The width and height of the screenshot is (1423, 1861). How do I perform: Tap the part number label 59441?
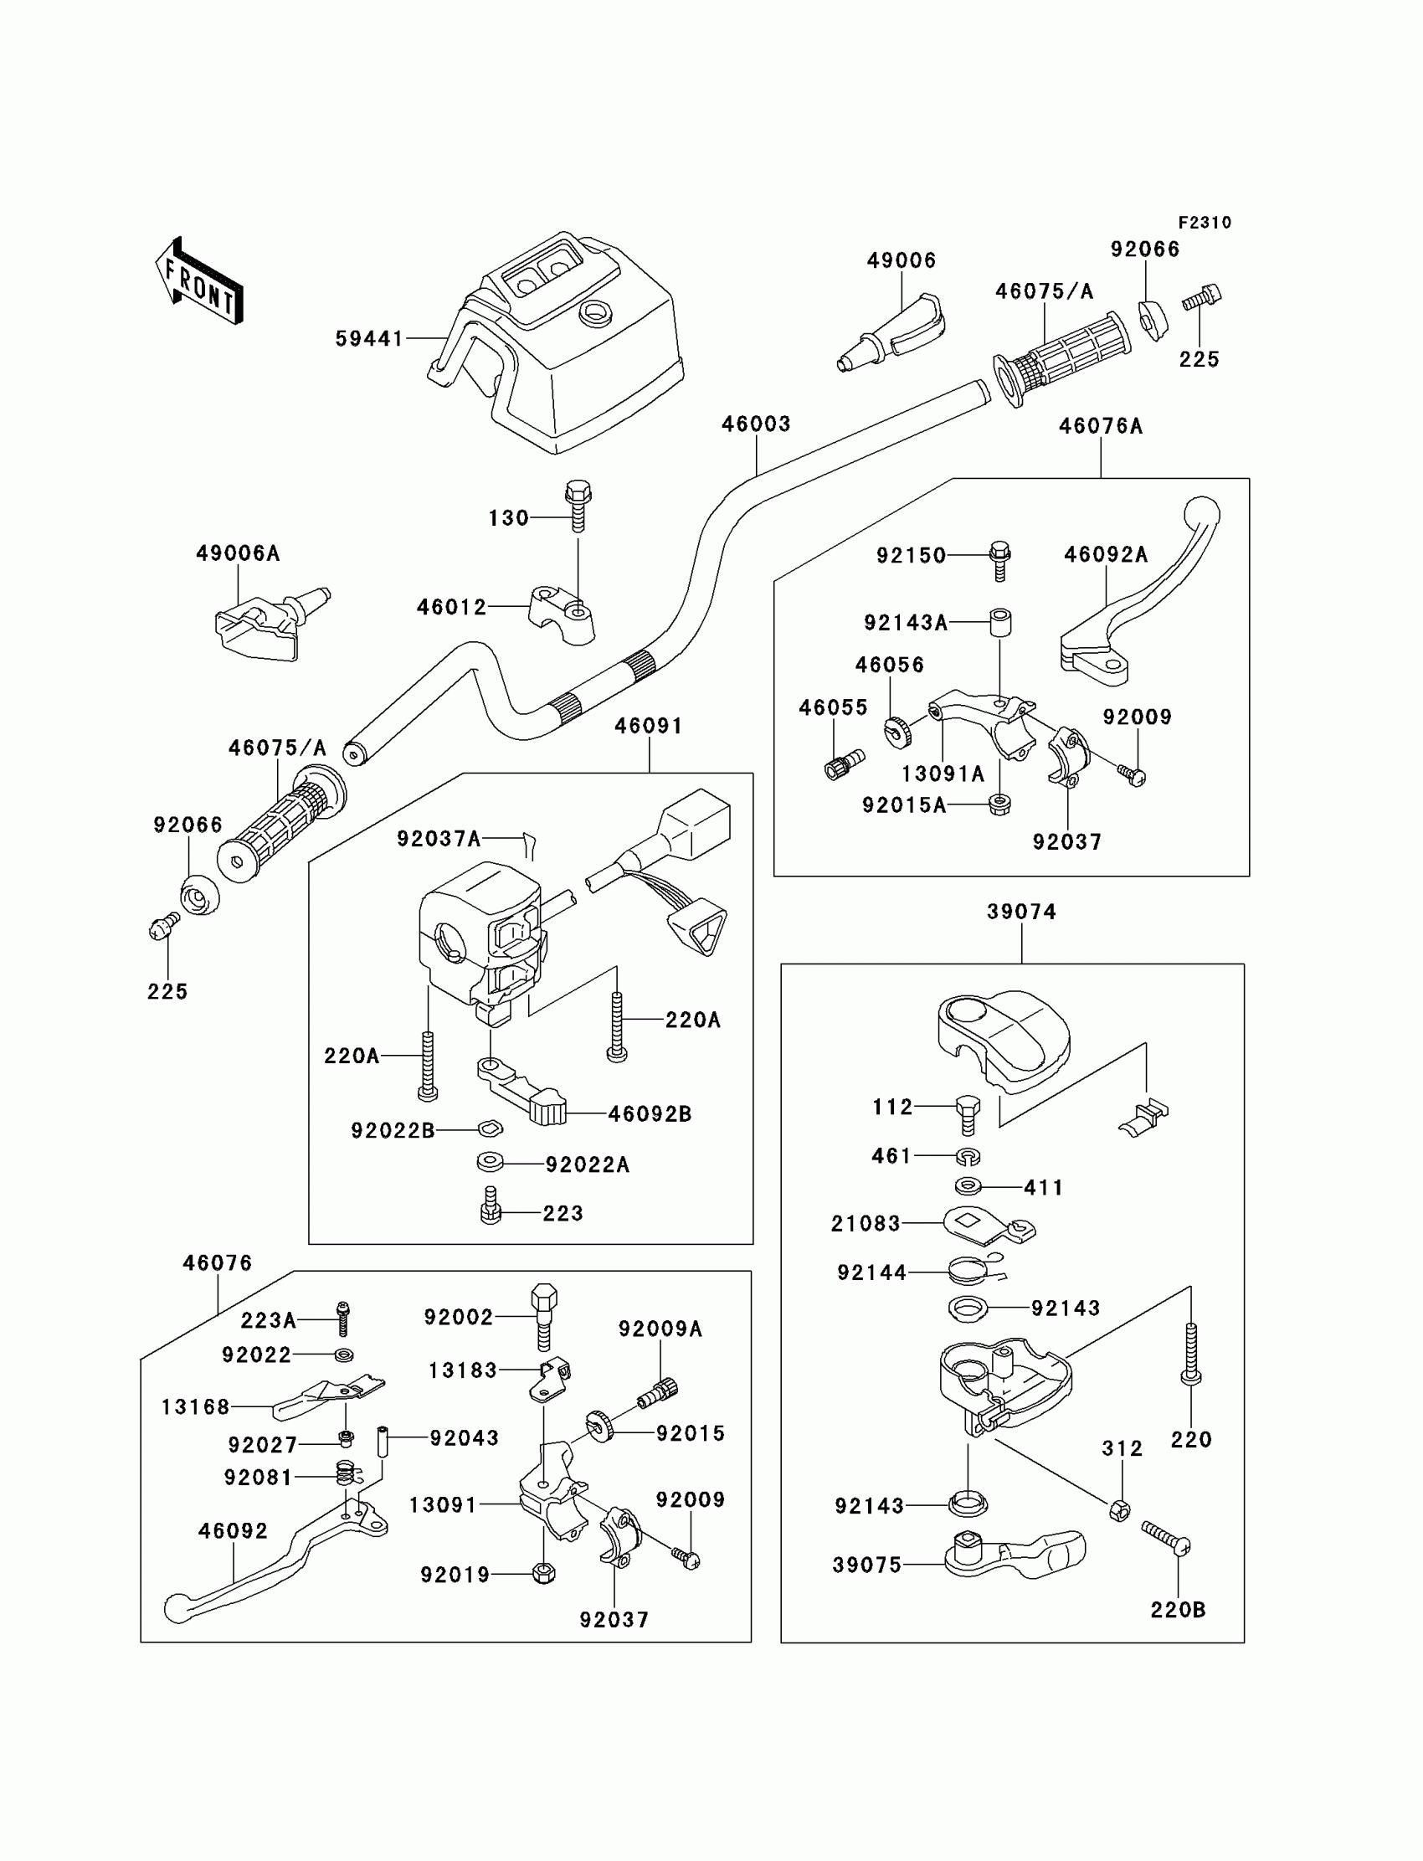point(369,339)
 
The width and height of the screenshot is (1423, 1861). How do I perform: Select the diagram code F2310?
point(1205,223)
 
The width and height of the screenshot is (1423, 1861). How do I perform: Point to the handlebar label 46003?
point(756,424)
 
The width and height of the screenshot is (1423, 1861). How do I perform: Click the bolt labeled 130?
point(578,506)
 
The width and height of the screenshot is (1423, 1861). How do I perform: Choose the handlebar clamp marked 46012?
point(563,616)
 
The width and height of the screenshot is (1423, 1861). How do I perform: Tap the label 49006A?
point(238,553)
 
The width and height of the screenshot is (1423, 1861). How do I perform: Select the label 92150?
point(911,556)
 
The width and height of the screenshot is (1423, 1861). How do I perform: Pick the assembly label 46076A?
point(1100,426)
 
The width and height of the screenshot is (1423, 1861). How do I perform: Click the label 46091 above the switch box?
point(648,726)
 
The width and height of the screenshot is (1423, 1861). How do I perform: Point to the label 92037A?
point(439,839)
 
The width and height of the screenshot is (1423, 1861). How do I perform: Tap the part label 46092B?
point(650,1114)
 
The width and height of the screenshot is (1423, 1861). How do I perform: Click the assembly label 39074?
point(1021,912)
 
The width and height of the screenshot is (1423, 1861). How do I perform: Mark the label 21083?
point(865,1223)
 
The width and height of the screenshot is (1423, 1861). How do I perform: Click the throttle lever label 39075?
point(866,1565)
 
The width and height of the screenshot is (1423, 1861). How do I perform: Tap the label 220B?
point(1178,1609)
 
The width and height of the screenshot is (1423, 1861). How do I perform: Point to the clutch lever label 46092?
point(233,1530)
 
